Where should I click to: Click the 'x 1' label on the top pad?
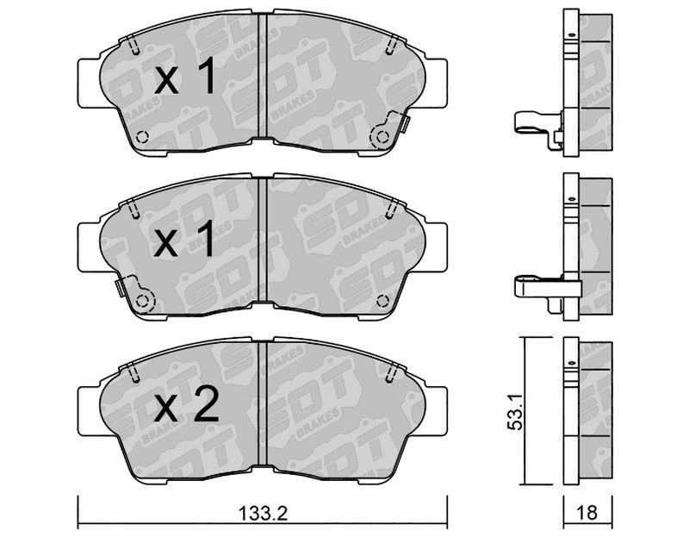pos(185,77)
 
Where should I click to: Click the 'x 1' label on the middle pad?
pos(185,240)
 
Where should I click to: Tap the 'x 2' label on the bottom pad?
pos(186,404)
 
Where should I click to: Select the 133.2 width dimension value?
pos(263,513)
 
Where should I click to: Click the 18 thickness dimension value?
pos(587,513)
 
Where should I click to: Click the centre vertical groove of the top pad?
pos(263,76)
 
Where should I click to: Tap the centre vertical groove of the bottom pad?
pos(263,403)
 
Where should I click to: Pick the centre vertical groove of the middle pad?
pos(263,240)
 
